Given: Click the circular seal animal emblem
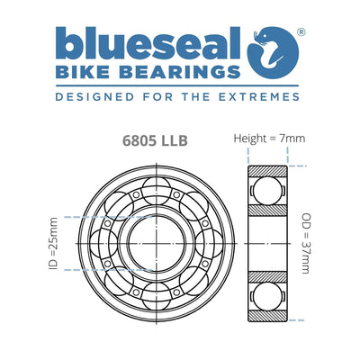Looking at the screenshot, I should tap(274, 51).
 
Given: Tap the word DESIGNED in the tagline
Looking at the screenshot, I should tap(91, 93).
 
